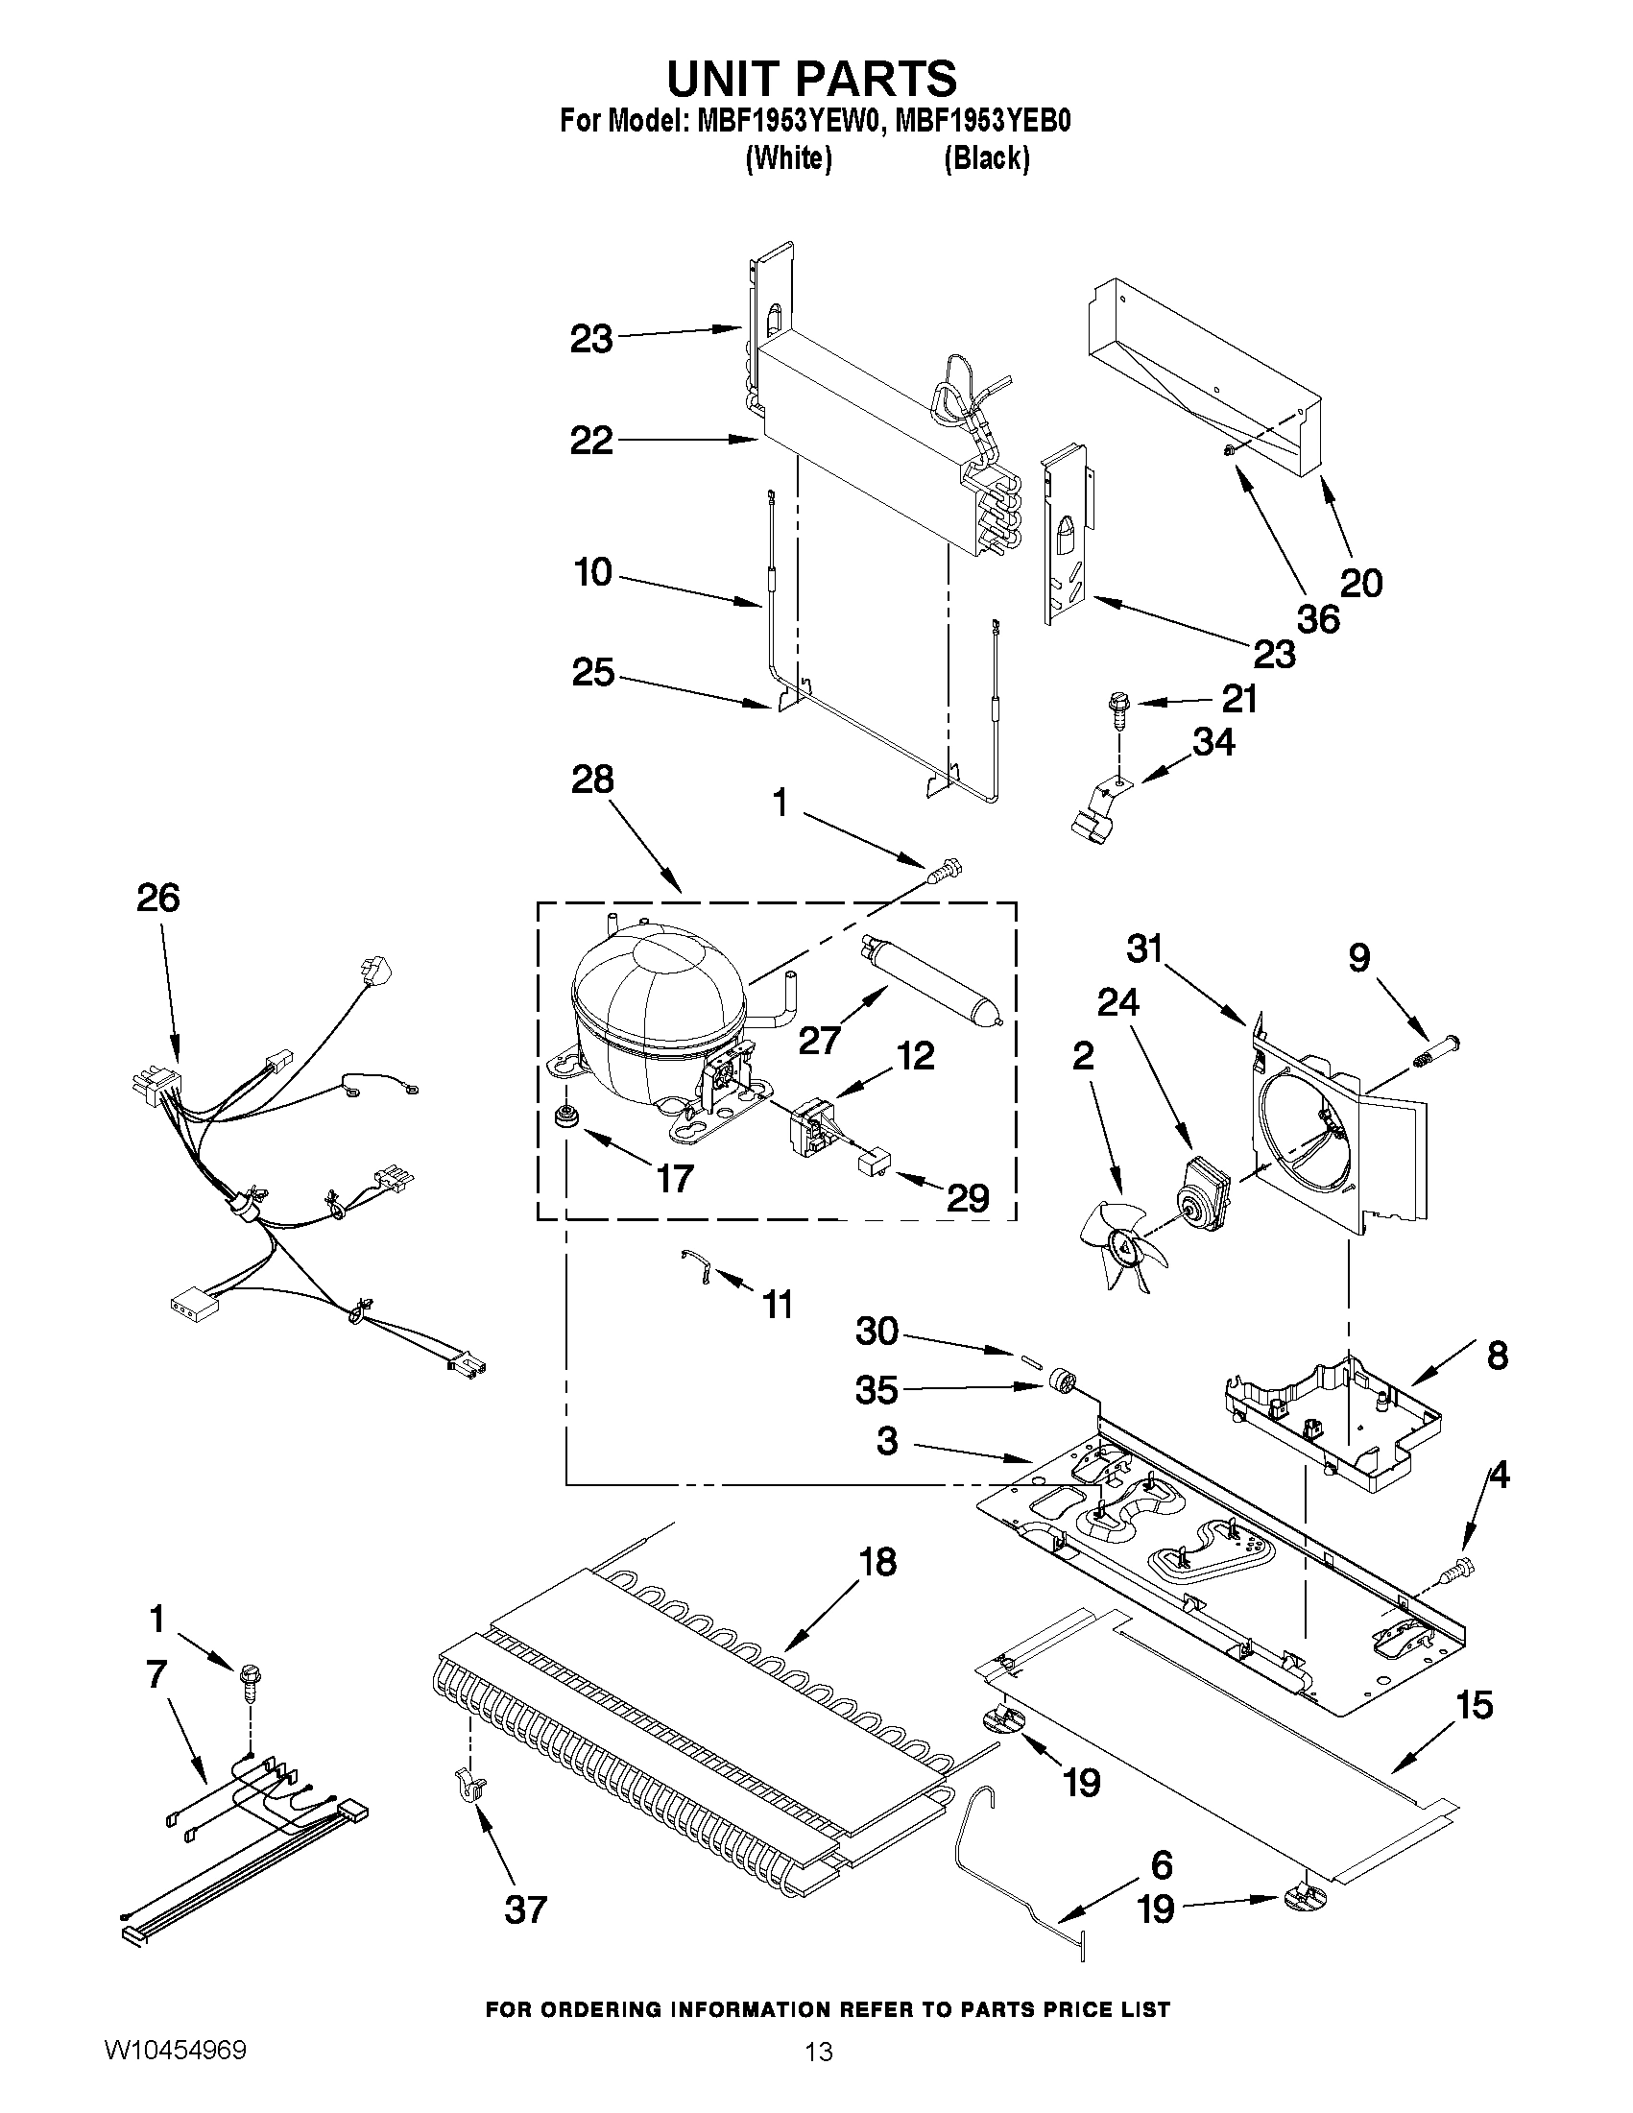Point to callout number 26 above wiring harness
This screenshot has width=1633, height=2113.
(157, 899)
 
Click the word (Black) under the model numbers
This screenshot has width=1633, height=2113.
(986, 157)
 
